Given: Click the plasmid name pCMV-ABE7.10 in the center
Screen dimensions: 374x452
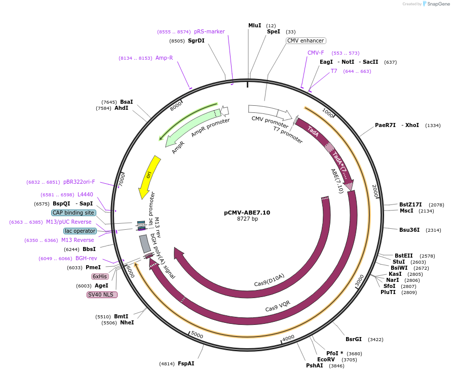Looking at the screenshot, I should pos(247,213).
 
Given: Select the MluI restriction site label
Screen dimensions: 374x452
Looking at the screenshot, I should pos(255,25).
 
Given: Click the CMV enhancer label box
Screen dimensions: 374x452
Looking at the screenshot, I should pos(306,40).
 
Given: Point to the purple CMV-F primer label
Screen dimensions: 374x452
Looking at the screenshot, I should pos(316,53).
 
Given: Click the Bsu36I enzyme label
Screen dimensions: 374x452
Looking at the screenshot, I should pos(409,230).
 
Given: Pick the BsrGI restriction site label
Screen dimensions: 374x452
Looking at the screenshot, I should pos(354,339).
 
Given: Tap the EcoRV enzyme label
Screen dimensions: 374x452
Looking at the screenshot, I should pos(326,359).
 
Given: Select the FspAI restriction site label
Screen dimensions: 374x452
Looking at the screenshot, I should pos(186,363).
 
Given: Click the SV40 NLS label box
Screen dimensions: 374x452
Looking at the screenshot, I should pos(102,295).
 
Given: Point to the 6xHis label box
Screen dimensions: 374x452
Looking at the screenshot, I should pos(99,276).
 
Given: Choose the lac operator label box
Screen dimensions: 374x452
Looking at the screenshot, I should pos(80,231).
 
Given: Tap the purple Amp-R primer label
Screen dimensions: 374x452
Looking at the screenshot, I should pos(164,58).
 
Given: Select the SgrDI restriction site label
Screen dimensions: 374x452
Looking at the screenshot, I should pos(196,40).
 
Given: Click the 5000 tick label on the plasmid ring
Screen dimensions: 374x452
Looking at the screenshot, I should pos(197,336).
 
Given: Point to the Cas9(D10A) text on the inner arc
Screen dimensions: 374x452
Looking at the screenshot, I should pos(269,279).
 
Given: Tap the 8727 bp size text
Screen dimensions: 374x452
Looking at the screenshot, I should pos(247,219).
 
